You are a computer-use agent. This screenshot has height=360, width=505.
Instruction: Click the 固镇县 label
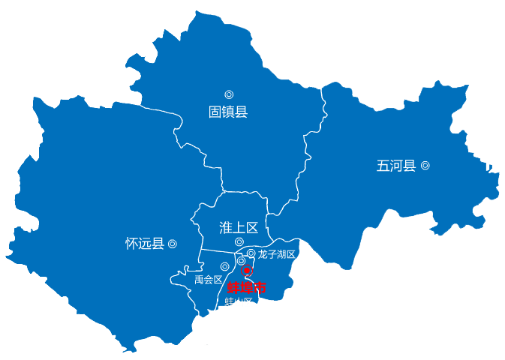(227, 112)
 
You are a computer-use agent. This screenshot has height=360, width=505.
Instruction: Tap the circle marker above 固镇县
(229, 94)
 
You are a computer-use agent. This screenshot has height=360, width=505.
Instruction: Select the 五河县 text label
(395, 166)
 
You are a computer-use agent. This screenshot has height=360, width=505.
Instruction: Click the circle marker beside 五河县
(425, 166)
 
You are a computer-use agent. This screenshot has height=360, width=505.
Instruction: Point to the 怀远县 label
(144, 244)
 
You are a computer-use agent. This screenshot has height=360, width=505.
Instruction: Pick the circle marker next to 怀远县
(173, 244)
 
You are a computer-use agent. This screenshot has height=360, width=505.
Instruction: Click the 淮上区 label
(239, 226)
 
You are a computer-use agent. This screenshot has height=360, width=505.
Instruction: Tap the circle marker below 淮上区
(239, 241)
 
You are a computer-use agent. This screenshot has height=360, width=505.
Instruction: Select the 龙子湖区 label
(277, 254)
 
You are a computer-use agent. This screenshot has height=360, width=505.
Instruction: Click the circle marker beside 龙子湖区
(251, 253)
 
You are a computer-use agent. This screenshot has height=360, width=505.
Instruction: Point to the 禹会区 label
(209, 280)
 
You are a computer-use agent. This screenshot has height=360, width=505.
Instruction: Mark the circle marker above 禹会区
(224, 266)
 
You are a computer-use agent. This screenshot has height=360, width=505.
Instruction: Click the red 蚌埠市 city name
(247, 287)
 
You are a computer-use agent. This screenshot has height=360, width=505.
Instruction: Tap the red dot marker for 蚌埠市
(247, 271)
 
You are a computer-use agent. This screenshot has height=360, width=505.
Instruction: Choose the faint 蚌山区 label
(239, 302)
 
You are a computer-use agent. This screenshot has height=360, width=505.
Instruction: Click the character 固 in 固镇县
(215, 112)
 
